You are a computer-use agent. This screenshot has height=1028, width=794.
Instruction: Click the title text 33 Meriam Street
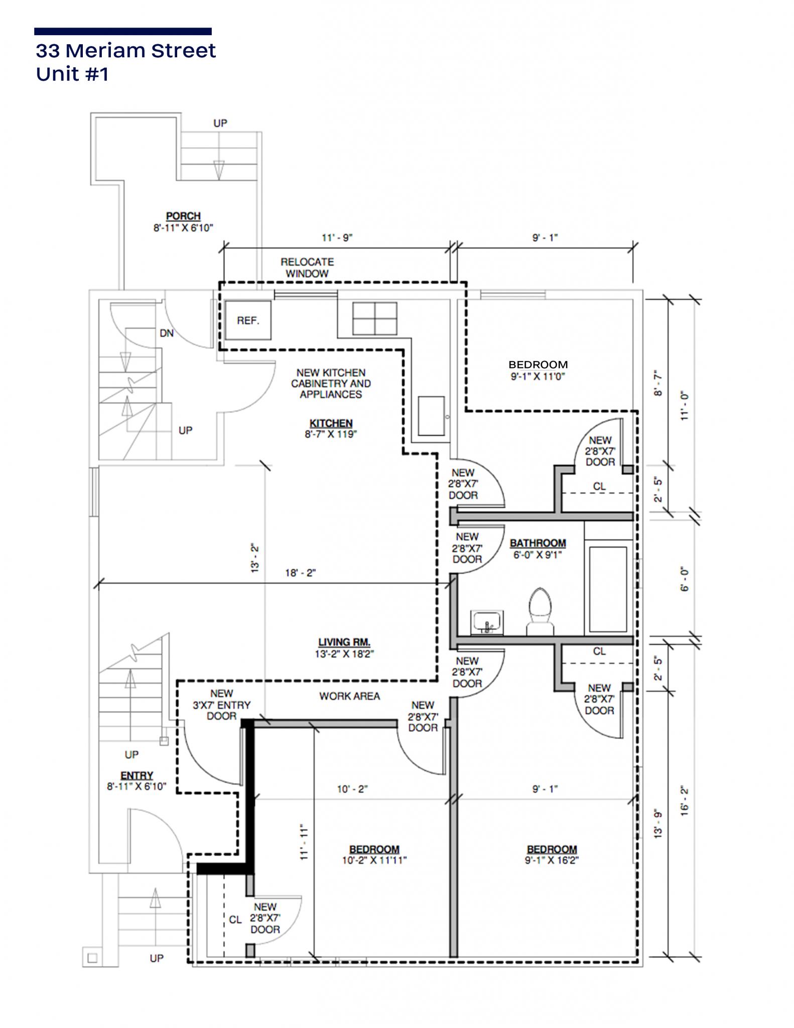coord(125,51)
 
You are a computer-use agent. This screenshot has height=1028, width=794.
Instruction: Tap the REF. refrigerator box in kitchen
coord(248,320)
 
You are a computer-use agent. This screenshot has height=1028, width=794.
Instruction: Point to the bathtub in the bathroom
coord(608,588)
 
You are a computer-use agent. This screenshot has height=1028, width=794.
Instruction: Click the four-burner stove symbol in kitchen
coord(374,318)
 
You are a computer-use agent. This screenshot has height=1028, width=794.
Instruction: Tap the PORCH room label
coord(183,216)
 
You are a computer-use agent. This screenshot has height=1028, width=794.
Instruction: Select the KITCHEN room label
coord(331,423)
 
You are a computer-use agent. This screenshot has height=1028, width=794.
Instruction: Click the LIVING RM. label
coord(344,642)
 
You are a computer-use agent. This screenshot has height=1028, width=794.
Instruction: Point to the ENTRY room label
coord(137,776)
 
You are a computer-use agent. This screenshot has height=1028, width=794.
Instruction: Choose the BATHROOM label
coord(538,543)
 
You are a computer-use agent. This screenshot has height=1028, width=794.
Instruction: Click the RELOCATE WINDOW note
coord(307,268)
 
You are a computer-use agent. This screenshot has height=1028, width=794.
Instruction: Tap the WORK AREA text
coord(349,696)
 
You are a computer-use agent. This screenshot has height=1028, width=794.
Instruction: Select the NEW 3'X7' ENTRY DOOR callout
coord(221,705)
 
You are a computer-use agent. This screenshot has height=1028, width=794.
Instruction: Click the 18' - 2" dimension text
coord(300,573)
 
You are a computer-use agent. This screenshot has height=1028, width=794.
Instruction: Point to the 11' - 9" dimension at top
coord(337,237)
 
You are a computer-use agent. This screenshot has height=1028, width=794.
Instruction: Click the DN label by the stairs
coord(167,333)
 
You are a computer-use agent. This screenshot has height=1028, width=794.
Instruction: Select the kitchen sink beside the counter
coord(431,416)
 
